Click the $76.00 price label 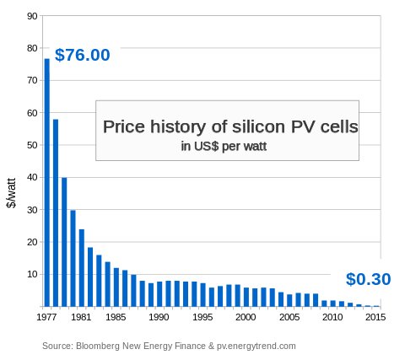(82, 56)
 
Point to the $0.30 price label (368, 280)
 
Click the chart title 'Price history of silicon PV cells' (230, 127)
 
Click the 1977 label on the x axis (47, 318)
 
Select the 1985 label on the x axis (116, 318)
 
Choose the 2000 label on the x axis (246, 318)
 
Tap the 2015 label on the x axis (375, 318)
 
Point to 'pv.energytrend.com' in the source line (256, 346)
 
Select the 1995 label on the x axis (202, 318)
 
